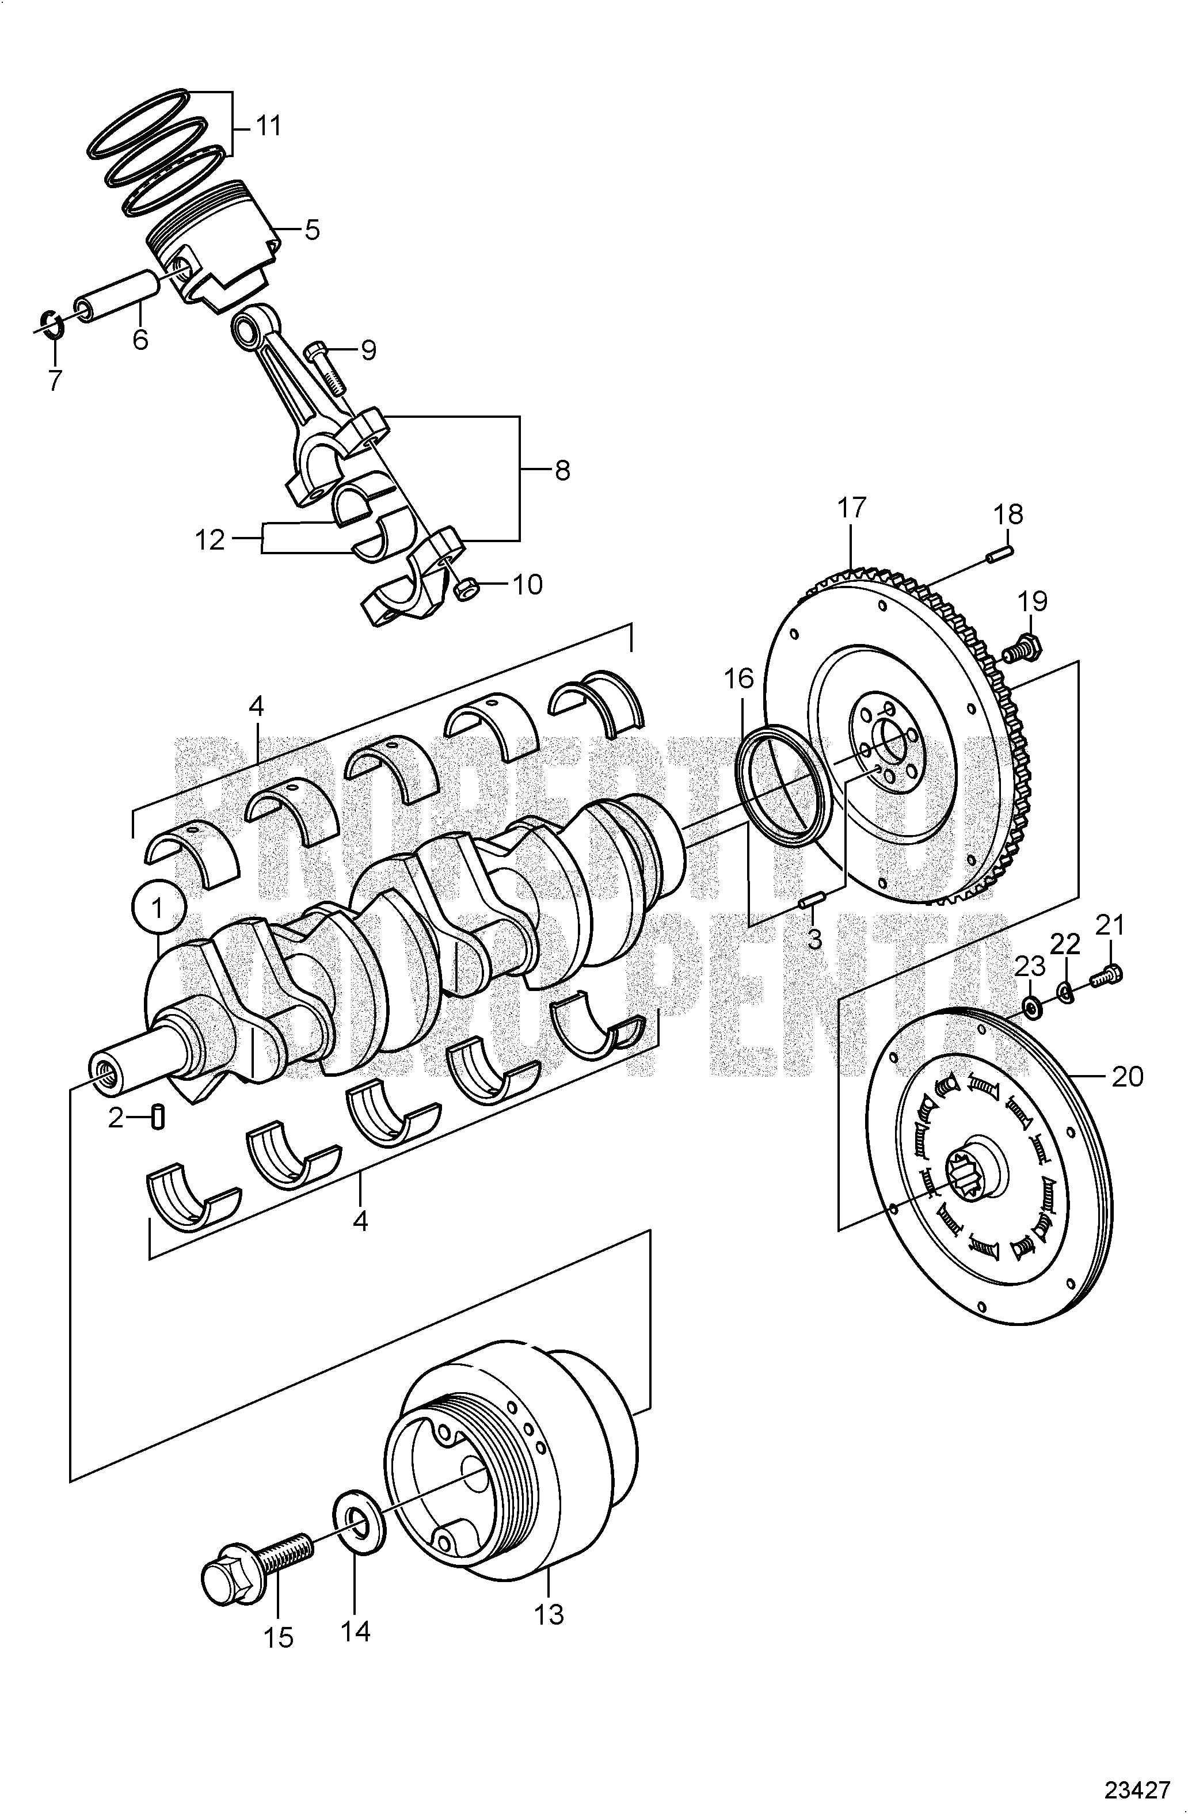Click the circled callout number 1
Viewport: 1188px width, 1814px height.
coord(157,907)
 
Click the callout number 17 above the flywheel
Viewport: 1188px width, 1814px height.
coord(852,507)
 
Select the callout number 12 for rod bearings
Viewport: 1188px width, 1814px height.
coord(210,540)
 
